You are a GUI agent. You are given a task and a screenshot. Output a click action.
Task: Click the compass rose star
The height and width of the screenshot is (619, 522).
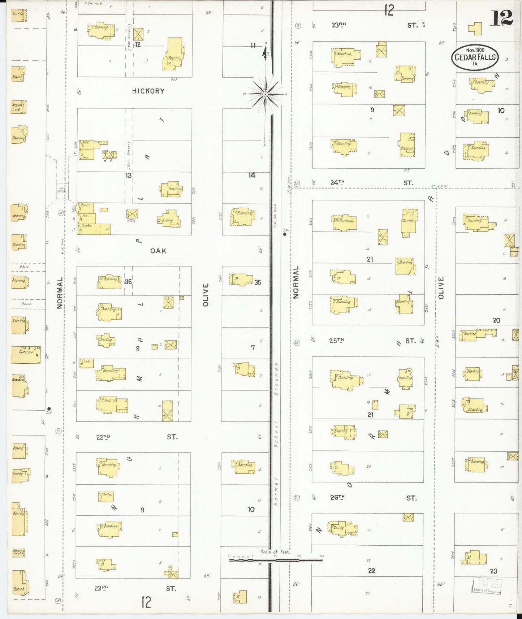(266, 94)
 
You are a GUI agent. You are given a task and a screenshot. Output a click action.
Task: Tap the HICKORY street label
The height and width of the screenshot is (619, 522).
(148, 91)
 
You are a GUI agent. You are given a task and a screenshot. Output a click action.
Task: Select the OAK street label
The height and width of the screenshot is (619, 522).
(158, 251)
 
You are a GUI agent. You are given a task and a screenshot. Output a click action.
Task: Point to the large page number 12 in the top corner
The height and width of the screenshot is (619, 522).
(502, 18)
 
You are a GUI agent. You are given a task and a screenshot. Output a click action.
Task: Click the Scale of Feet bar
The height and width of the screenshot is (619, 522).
(276, 560)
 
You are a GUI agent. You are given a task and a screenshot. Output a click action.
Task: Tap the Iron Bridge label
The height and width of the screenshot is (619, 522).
(62, 189)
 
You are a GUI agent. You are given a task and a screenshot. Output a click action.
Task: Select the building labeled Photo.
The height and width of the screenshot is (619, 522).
(106, 496)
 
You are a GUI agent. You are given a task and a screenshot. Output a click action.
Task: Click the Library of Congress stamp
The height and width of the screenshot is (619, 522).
(487, 586)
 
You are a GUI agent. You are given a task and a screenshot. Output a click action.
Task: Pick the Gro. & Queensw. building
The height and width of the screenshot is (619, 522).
(26, 355)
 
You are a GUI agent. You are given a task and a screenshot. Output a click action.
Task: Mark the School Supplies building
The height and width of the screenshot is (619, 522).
(18, 553)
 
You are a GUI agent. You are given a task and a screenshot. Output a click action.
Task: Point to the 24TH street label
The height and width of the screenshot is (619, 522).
(337, 183)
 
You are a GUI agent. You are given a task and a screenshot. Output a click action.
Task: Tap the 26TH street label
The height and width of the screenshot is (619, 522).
(337, 498)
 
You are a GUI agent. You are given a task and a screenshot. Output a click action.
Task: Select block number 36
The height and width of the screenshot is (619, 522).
(128, 282)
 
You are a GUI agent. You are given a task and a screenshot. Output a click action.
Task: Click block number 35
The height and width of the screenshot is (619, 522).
(258, 282)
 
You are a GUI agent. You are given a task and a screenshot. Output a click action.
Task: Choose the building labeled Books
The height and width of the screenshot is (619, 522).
(86, 208)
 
